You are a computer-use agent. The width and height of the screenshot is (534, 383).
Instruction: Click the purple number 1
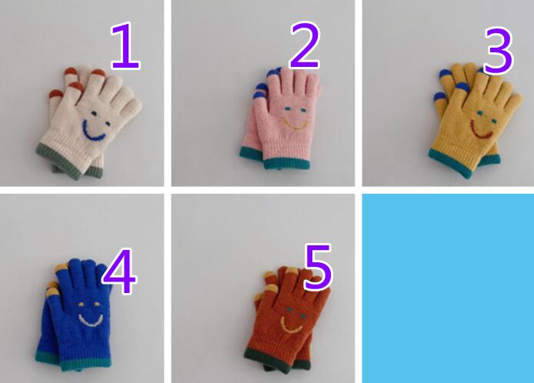tap(125, 45)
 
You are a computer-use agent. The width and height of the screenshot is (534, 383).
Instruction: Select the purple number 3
tap(499, 51)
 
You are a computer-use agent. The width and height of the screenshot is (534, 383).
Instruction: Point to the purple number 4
tap(119, 271)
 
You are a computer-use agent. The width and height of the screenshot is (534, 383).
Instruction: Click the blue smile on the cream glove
tap(92, 132)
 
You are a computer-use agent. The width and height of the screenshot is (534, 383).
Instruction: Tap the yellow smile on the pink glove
tap(295, 125)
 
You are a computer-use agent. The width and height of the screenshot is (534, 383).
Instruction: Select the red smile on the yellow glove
tap(481, 132)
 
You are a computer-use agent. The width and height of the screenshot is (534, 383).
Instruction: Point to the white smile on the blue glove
tap(91, 321)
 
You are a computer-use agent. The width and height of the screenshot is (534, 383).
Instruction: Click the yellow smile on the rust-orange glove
tap(290, 326)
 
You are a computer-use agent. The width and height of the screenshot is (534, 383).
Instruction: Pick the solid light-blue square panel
tap(448, 288)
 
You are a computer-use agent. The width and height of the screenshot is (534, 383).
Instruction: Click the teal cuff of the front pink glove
tap(287, 164)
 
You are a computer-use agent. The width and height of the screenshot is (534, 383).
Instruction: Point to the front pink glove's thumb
tap(260, 108)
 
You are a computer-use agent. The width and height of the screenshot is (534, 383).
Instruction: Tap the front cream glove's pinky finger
tap(132, 108)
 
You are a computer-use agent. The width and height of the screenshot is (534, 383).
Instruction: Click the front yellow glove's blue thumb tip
tap(463, 87)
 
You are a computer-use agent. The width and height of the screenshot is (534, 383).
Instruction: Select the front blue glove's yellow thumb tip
tap(54, 292)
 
